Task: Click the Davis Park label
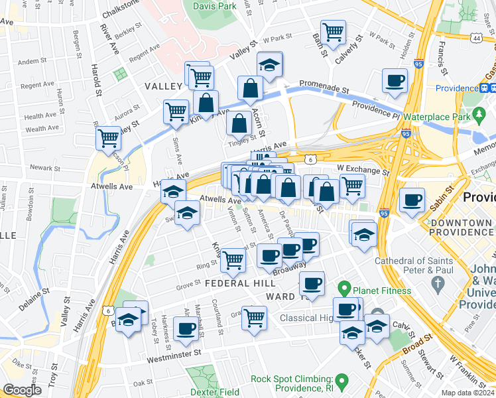click(214, 6)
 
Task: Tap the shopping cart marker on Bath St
click(333, 31)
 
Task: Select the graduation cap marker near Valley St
click(269, 64)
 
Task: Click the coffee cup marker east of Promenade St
click(395, 81)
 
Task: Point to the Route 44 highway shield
click(477, 38)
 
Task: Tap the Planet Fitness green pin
click(343, 289)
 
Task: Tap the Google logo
click(23, 390)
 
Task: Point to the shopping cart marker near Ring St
click(233, 259)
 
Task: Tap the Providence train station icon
click(485, 88)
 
